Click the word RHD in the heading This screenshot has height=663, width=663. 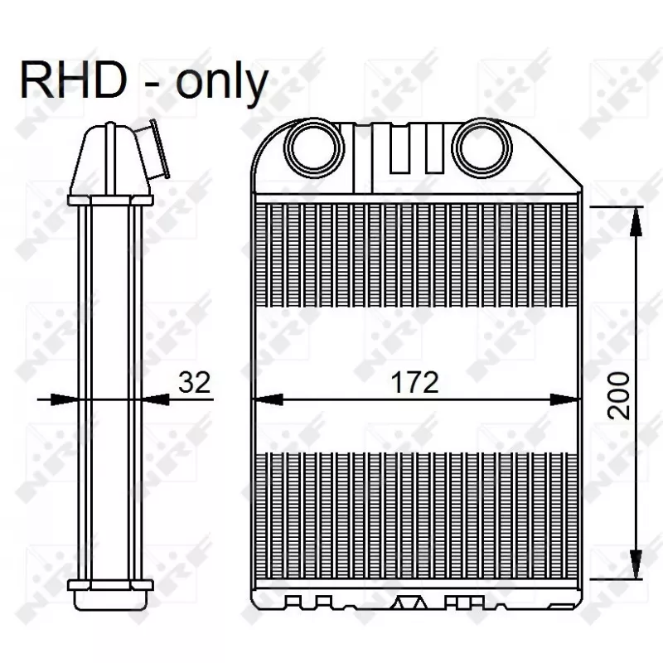[x=74, y=80]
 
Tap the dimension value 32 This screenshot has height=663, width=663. [x=194, y=382]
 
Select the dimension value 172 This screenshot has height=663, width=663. [x=414, y=382]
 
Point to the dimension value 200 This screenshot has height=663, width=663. [x=618, y=395]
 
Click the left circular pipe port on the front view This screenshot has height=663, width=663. [x=314, y=148]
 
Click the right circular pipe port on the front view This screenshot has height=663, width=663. [x=482, y=148]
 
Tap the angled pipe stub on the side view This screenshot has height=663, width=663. [x=153, y=149]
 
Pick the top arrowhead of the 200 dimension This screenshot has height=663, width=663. [x=636, y=221]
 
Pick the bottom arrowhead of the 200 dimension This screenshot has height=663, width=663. [x=636, y=564]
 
